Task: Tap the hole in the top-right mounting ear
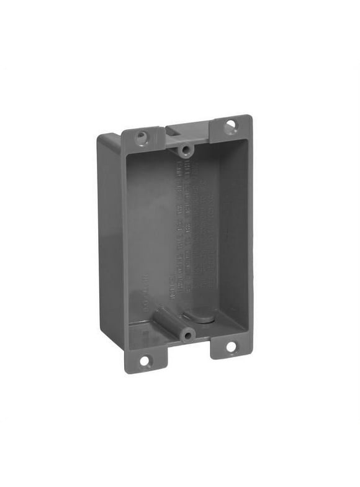(x=230, y=127)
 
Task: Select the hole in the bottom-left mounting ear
(x=145, y=360)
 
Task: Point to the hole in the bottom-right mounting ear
(x=231, y=347)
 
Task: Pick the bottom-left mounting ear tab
(x=146, y=358)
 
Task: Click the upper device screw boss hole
(x=184, y=150)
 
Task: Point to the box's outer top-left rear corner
(x=103, y=140)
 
